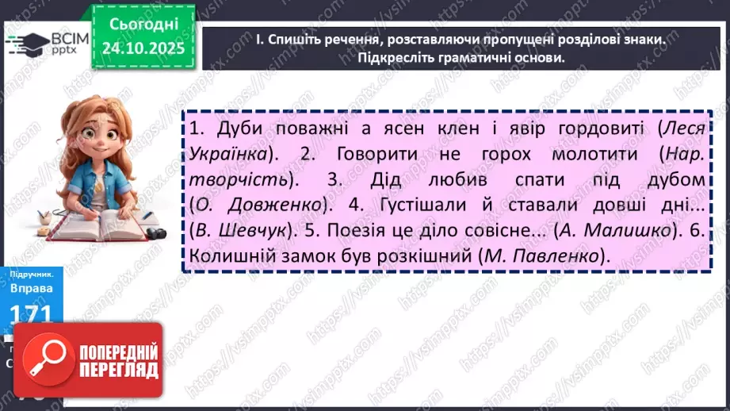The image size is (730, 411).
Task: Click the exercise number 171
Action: [x=32, y=316]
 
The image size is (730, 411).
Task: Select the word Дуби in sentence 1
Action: [x=223, y=129]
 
